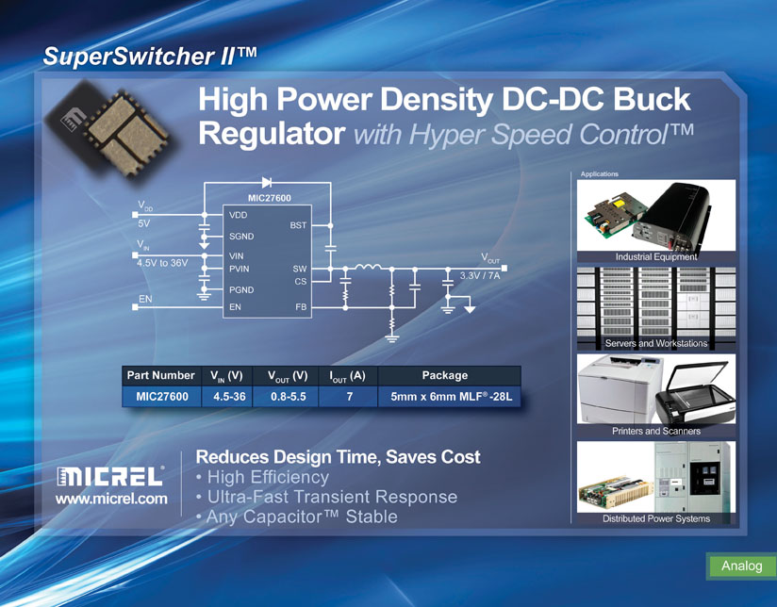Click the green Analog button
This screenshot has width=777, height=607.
(x=742, y=566)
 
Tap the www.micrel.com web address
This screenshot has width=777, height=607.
(x=111, y=499)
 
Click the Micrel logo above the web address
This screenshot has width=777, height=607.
(x=110, y=476)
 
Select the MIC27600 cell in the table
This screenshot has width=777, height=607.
(x=162, y=397)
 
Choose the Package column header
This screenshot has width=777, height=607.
(x=445, y=375)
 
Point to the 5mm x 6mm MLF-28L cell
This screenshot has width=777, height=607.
(x=450, y=397)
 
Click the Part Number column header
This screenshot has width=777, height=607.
(x=161, y=375)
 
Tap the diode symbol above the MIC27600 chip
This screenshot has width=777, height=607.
(x=267, y=182)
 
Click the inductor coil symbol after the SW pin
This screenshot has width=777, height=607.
(x=368, y=268)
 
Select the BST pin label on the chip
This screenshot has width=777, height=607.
(x=298, y=225)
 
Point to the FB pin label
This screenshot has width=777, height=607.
(x=302, y=306)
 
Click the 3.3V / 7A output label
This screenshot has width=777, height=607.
(x=480, y=276)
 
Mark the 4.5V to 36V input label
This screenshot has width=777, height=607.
(x=162, y=263)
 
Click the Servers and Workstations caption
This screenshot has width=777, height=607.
(x=656, y=343)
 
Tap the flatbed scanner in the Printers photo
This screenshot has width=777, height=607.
(x=694, y=394)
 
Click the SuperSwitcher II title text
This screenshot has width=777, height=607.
(x=150, y=56)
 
